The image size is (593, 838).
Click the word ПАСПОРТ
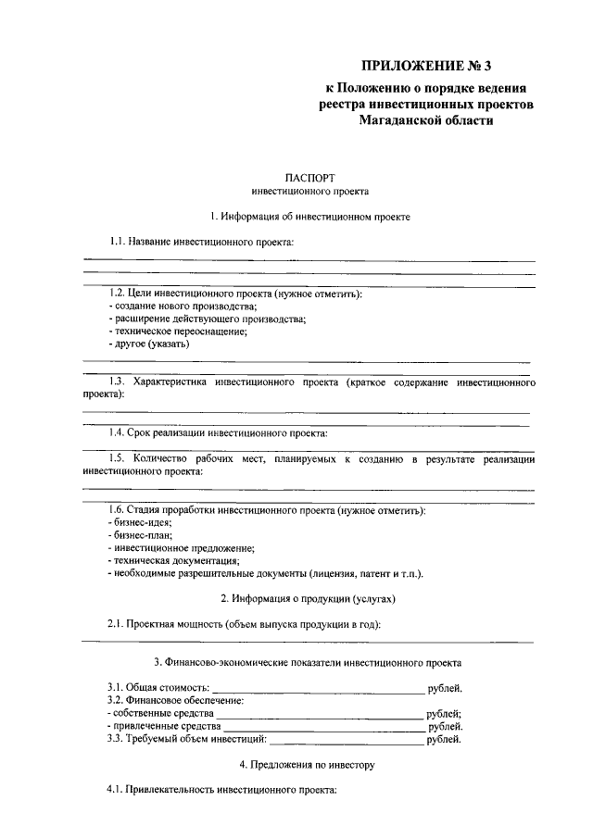pyautogui.click(x=309, y=177)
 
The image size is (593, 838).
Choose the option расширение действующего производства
pyautogui.click(x=207, y=319)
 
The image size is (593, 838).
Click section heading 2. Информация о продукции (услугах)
pyautogui.click(x=309, y=598)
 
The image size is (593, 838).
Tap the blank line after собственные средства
pyautogui.click(x=320, y=716)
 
